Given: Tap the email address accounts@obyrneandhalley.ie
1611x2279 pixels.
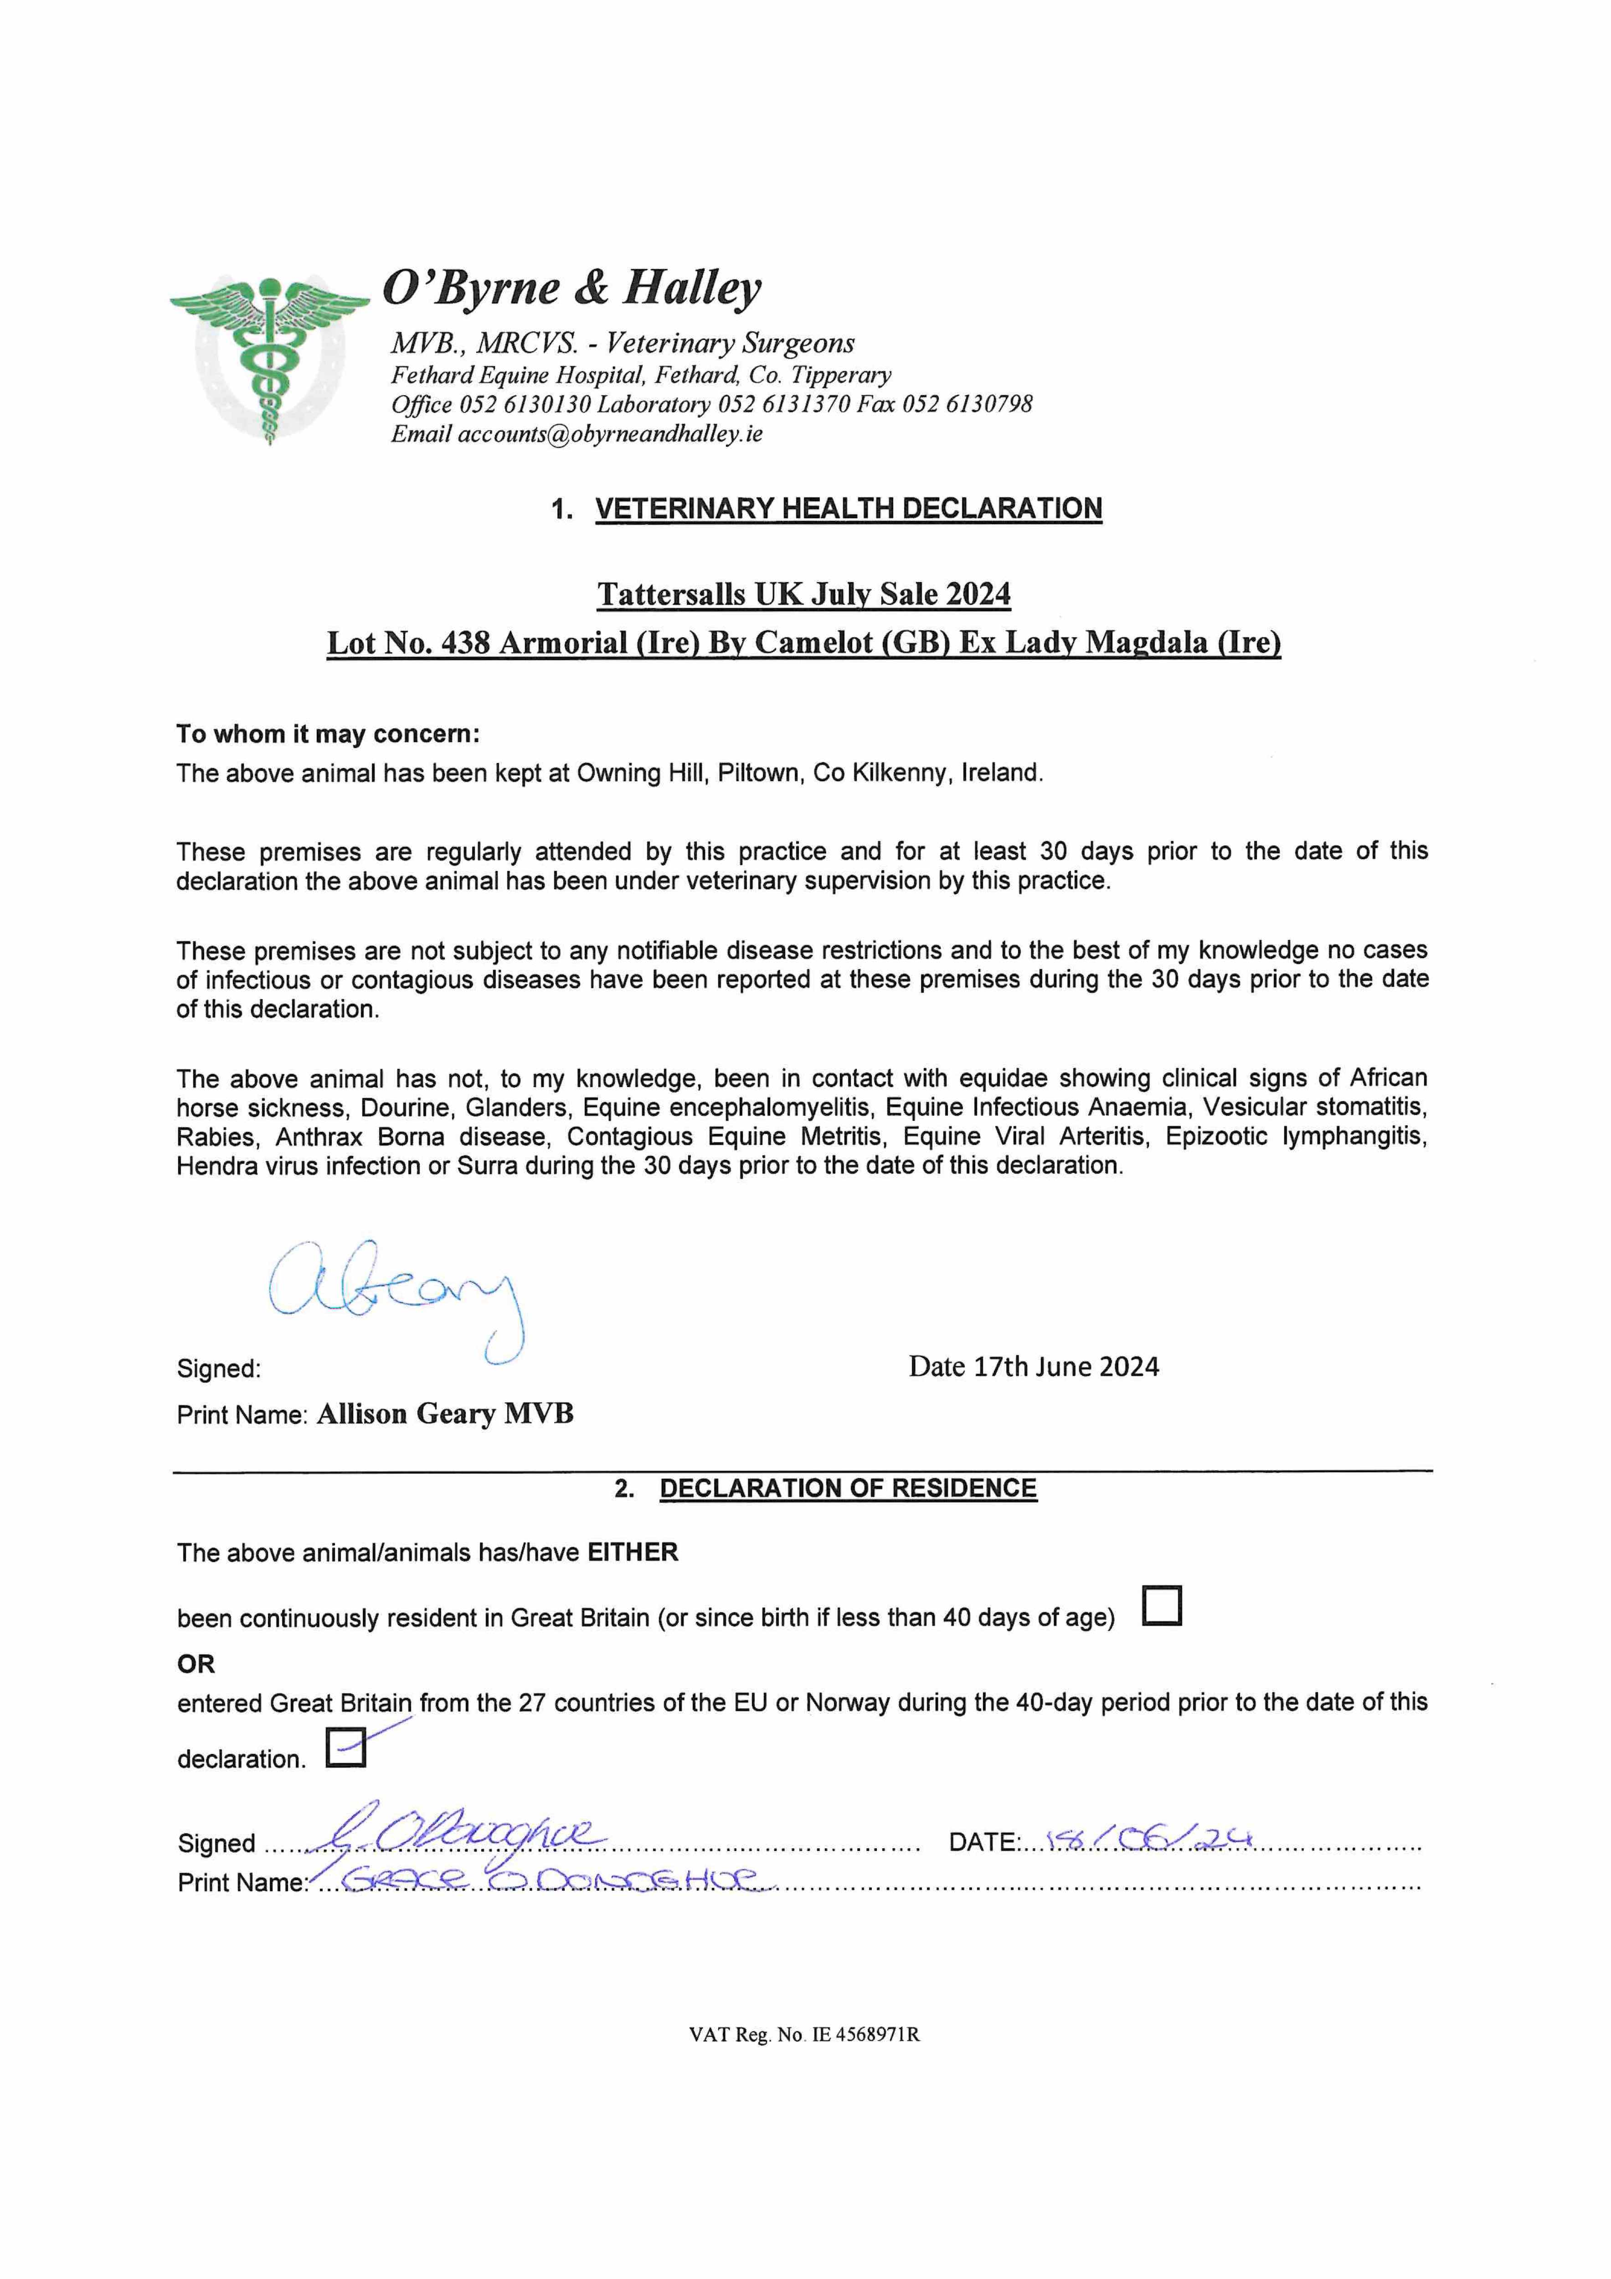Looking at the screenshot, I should [609, 434].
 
